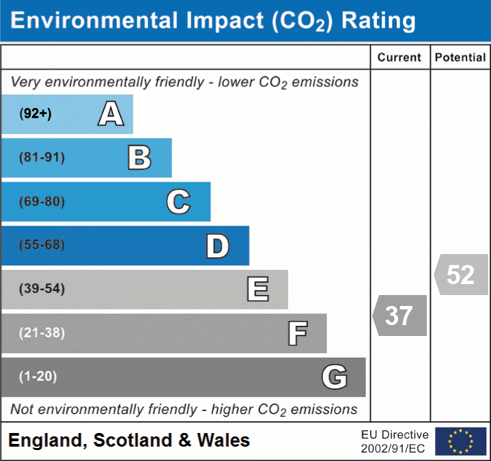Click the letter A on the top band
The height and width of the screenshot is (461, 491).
point(111,114)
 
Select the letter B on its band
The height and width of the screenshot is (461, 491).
point(139,158)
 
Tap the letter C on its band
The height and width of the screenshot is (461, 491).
point(178,202)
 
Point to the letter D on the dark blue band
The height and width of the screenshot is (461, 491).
point(217,247)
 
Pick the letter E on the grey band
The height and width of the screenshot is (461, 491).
point(257,290)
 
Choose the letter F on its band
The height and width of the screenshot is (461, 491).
point(297,334)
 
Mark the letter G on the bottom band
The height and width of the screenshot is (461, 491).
point(335,377)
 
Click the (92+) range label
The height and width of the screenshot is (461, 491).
point(36,114)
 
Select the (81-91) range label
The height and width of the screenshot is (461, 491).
point(42,158)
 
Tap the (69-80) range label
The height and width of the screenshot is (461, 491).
point(42,202)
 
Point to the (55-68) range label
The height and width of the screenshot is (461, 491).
point(42,245)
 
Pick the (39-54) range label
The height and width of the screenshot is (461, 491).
point(42,289)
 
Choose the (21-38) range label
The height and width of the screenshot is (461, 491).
point(42,333)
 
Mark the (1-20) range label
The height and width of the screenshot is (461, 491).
point(38,376)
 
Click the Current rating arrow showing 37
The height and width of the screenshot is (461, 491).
point(400,316)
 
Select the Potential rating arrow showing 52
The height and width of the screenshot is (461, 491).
point(461,275)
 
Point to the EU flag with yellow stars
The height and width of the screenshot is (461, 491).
point(460,441)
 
